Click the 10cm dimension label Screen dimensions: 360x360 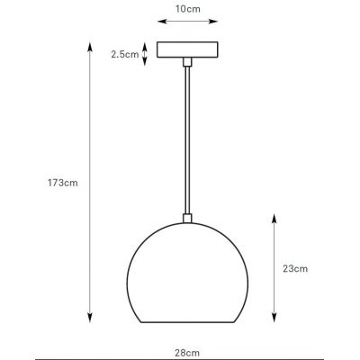click(187, 10)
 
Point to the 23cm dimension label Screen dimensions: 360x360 click(295, 268)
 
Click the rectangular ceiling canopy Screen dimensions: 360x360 click(186, 50)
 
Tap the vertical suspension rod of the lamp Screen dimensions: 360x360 click(186, 135)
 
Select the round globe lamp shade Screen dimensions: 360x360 click(186, 270)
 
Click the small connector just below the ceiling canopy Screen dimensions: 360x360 click(186, 62)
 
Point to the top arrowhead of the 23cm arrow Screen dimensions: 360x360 click(274, 218)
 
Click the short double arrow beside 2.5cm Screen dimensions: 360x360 click(147, 54)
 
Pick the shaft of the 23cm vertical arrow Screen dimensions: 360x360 click(274, 268)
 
